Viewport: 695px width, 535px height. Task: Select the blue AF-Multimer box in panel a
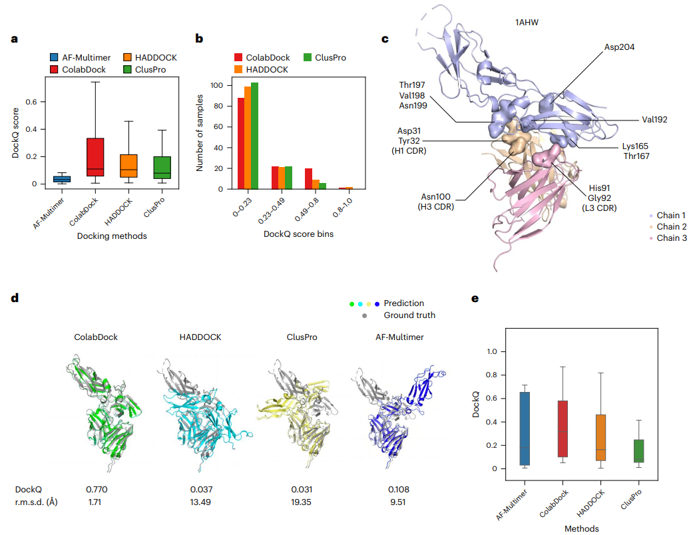pyautogui.click(x=61, y=179)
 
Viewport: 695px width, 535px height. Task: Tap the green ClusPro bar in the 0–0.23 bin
pyautogui.click(x=254, y=136)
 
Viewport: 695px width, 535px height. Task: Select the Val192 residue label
pyautogui.click(x=654, y=120)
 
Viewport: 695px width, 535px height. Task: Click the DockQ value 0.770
pyautogui.click(x=96, y=489)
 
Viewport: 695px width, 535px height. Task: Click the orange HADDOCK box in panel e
pyautogui.click(x=600, y=437)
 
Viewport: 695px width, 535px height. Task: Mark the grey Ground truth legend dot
pyautogui.click(x=365, y=315)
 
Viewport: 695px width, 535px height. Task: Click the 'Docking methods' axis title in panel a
pyautogui.click(x=112, y=236)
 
